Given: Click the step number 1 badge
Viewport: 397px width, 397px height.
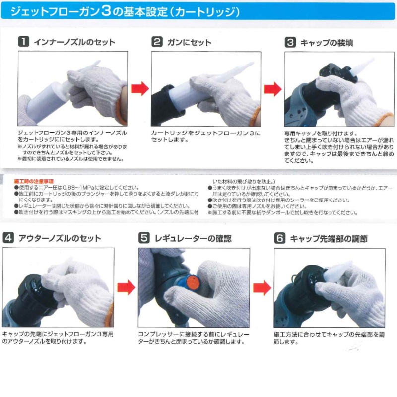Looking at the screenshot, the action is (x=23, y=42).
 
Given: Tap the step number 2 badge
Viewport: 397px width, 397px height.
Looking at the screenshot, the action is (x=157, y=42).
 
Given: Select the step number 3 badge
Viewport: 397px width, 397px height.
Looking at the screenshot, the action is (x=290, y=42).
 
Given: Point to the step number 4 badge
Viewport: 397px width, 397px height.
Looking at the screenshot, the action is (x=8, y=238).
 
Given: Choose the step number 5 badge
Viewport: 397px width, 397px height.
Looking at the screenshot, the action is (x=144, y=238).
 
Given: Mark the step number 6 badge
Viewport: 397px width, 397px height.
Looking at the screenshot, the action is (x=279, y=238).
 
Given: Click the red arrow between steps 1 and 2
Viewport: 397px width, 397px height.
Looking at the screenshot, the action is (x=140, y=89).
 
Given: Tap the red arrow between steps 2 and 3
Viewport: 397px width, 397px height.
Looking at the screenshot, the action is (x=272, y=89).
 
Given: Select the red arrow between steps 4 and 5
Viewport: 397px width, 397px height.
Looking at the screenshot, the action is (x=127, y=288).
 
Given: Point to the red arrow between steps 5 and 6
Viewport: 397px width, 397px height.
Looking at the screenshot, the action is (x=262, y=288).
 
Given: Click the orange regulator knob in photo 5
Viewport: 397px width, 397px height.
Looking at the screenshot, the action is (x=193, y=283).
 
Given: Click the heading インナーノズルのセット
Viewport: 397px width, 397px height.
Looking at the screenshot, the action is (x=74, y=42).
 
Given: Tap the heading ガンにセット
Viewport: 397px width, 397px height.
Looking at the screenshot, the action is (x=189, y=42).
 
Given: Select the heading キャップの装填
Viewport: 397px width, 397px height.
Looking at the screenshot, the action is (x=327, y=43).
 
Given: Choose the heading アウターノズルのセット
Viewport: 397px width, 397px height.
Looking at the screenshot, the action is (x=60, y=238).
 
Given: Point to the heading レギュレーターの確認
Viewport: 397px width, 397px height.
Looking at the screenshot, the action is (x=193, y=238).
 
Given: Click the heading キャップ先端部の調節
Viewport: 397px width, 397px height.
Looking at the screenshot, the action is (x=329, y=239).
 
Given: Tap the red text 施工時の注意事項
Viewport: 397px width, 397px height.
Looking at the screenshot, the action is (x=34, y=181).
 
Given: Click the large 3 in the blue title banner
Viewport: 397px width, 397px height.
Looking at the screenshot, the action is (x=106, y=11).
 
